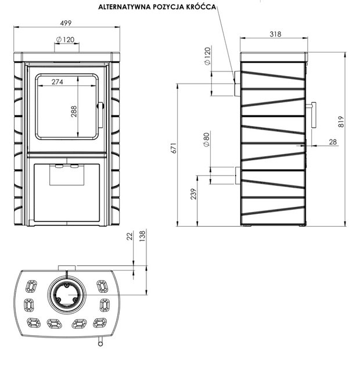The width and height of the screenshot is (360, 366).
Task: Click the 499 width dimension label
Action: pos(66,23)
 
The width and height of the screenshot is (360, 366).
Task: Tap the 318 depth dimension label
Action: pos(276,34)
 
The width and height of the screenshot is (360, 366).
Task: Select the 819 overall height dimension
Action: pos(341,121)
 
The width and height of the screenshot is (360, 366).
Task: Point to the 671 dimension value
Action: pos(174,148)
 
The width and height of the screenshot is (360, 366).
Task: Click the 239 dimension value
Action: pos(194,193)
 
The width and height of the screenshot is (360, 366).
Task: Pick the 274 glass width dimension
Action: pos(57,82)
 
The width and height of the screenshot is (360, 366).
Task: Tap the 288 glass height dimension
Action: pos(74,112)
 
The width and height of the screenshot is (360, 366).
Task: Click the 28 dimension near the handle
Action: pos(333,142)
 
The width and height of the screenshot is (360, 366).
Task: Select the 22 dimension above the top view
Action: pos(129,236)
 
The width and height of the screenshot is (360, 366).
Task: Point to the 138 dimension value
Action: pos(142,235)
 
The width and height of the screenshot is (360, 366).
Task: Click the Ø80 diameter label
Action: pos(207,139)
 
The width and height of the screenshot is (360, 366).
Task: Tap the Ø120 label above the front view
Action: pos(65,40)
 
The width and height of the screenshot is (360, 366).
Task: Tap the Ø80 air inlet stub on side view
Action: pos(237,175)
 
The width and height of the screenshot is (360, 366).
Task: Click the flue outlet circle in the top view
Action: pos(67,293)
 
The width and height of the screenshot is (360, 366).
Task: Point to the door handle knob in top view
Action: pos(100,343)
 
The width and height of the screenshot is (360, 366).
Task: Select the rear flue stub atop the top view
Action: pos(67,268)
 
